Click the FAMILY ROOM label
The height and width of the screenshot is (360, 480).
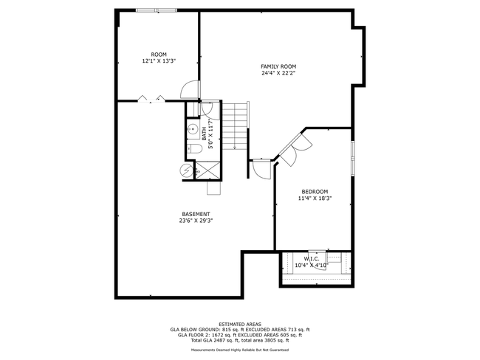pyautogui.click(x=278, y=66)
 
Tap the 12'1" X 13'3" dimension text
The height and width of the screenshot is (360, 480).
pyautogui.click(x=159, y=61)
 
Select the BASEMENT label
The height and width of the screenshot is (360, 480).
pyautogui.click(x=196, y=214)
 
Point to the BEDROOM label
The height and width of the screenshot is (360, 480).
pyautogui.click(x=315, y=192)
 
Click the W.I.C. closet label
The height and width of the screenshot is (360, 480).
pyautogui.click(x=312, y=259)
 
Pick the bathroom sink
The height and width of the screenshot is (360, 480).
pyautogui.click(x=193, y=129)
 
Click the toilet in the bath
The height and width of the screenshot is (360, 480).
pyautogui.click(x=194, y=149)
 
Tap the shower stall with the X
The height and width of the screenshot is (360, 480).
pyautogui.click(x=208, y=170)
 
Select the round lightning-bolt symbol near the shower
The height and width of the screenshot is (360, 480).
pyautogui.click(x=186, y=170)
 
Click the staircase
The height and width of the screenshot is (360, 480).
pyautogui.click(x=235, y=126)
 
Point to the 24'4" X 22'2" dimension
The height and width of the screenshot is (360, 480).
pyautogui.click(x=278, y=73)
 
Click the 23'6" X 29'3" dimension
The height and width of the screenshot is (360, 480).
pyautogui.click(x=196, y=221)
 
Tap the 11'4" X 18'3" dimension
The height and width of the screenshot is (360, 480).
pyautogui.click(x=315, y=198)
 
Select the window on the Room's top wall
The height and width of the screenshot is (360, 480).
pyautogui.click(x=157, y=10)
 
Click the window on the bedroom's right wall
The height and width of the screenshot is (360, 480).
pyautogui.click(x=353, y=158)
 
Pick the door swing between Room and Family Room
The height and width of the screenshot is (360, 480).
pyautogui.click(x=190, y=89)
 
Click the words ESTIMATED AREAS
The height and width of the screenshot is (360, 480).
pyautogui.click(x=240, y=324)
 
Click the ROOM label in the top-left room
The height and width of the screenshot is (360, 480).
pyautogui.click(x=159, y=55)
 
